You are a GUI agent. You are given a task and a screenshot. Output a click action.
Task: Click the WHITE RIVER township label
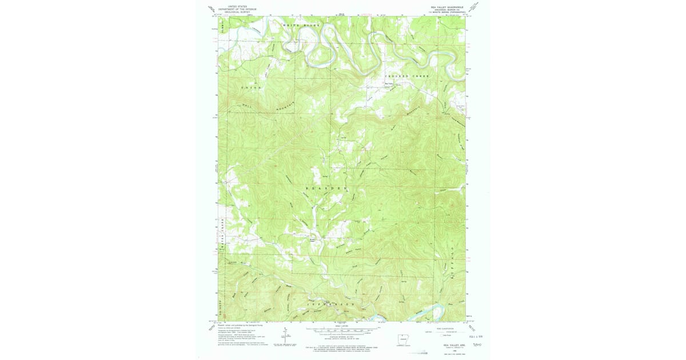pos(301,26)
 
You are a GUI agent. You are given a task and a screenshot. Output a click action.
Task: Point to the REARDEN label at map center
pos(327,187)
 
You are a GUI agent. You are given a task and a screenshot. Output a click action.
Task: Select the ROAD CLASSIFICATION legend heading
pos(445,327)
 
